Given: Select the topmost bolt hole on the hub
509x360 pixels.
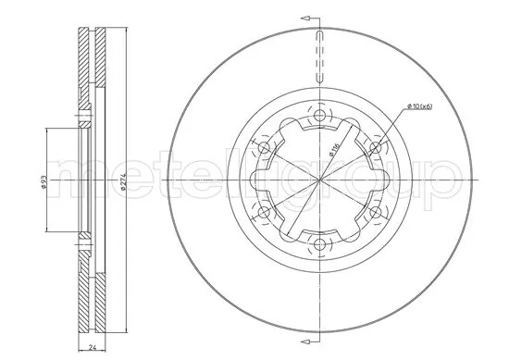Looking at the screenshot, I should pos(320,116).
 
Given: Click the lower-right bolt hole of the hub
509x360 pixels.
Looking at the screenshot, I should pos(375,212).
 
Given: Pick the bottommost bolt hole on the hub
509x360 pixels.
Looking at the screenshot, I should pos(320,244).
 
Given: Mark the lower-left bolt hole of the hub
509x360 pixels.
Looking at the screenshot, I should pos(265,212).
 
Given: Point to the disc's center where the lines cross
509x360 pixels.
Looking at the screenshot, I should pos(320,180).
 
